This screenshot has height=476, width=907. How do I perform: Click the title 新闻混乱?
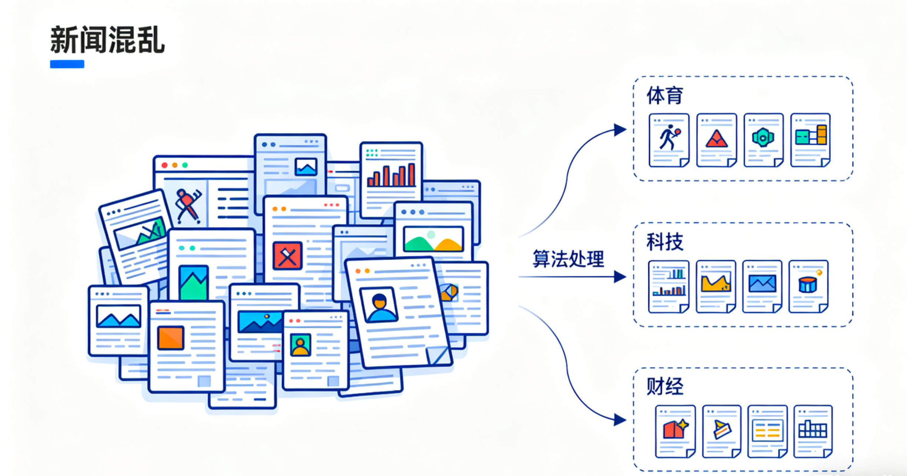(x=107, y=40)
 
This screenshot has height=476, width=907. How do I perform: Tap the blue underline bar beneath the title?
(x=67, y=64)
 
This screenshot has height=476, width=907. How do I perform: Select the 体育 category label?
(x=664, y=95)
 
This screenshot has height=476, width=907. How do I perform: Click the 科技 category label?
(x=664, y=242)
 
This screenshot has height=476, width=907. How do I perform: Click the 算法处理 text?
(x=568, y=259)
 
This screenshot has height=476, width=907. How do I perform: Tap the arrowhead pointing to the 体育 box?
(x=620, y=130)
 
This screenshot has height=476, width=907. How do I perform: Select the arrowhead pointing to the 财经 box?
(x=620, y=420)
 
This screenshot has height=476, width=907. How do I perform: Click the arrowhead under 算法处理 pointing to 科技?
(x=620, y=276)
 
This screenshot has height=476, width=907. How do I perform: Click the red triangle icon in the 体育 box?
(x=717, y=139)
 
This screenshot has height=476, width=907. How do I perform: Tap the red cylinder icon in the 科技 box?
(x=807, y=285)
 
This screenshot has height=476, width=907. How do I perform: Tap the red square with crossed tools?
(x=287, y=256)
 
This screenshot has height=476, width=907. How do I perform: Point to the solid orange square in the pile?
(x=171, y=338)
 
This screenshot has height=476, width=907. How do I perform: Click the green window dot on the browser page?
(x=185, y=165)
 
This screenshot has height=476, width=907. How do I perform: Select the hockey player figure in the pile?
(x=187, y=206)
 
